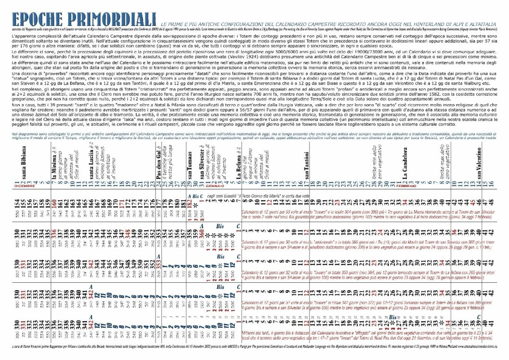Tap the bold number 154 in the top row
18,203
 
